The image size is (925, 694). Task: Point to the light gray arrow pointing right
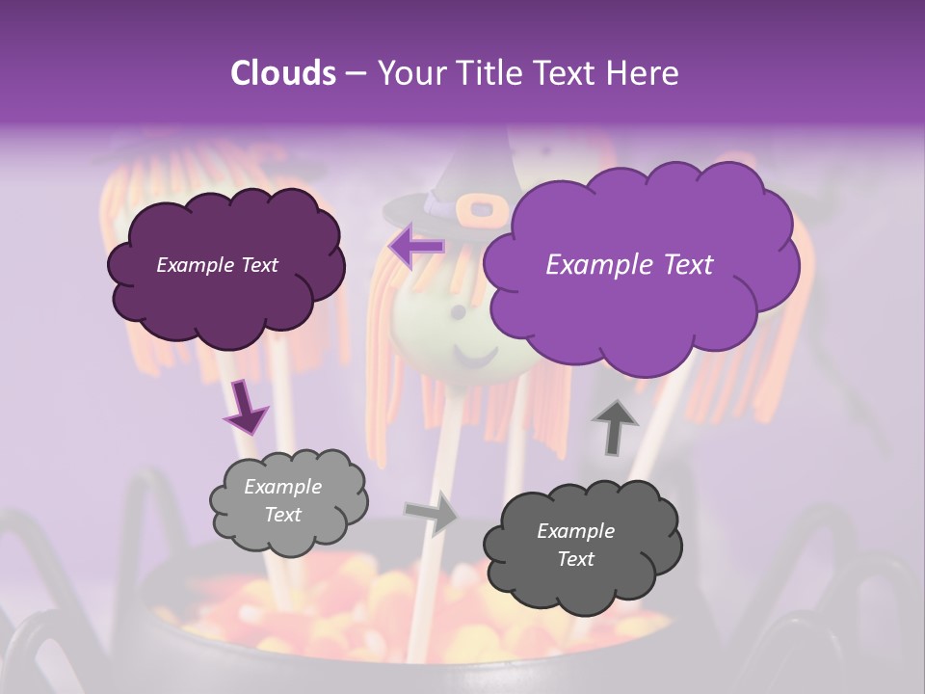[431, 513]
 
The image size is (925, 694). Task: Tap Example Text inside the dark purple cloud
[217, 265]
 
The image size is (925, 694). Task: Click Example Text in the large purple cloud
[629, 265]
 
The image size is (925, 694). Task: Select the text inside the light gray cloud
[283, 501]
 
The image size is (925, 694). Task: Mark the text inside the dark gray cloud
[575, 545]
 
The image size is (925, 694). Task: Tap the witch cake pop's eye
[458, 313]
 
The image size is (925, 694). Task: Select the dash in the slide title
[356, 73]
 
